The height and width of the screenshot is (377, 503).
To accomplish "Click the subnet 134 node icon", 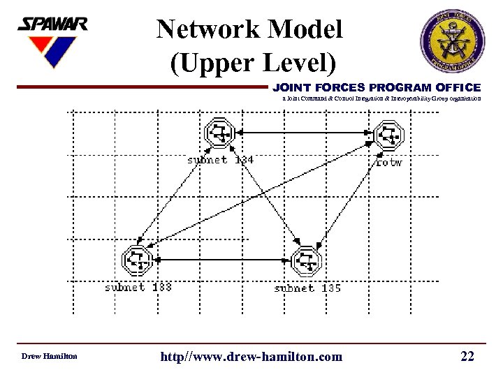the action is click(220, 133).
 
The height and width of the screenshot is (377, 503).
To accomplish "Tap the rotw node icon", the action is click(388, 135).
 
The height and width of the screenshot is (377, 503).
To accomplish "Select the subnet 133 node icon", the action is click(138, 260).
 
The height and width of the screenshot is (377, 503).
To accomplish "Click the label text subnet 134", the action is click(220, 160).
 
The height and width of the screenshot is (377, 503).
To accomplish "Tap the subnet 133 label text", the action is click(138, 287).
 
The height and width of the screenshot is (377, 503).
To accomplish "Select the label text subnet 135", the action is click(307, 287).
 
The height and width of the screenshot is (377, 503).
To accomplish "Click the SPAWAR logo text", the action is click(52, 25).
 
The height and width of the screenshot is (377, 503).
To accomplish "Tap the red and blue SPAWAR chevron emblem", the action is click(50, 51).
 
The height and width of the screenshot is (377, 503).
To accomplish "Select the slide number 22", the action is click(467, 357).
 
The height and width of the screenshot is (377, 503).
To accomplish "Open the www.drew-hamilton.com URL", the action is click(251, 357).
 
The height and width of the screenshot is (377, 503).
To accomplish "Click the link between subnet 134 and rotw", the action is click(304, 132).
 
